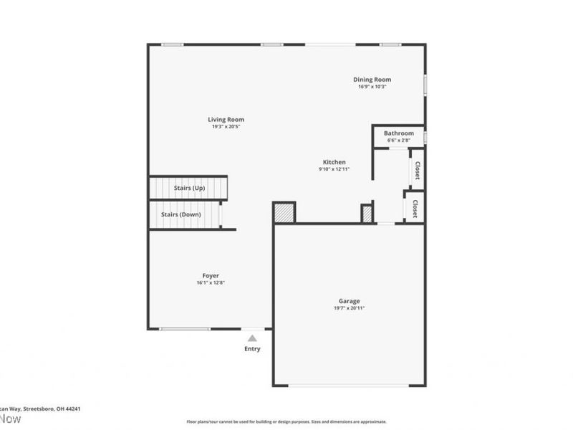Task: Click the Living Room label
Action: (226, 120)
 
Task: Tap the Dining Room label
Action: (372, 80)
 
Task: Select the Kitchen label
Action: (334, 163)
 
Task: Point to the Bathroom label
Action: (398, 133)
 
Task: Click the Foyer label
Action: (211, 275)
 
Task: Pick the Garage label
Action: (350, 301)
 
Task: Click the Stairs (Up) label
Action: (189, 188)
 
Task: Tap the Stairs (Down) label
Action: (180, 214)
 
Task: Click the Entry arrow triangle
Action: (252, 337)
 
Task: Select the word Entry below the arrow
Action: (252, 349)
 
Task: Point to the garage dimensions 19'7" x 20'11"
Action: (350, 308)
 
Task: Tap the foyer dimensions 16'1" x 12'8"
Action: (211, 282)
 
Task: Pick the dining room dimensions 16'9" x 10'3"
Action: (372, 87)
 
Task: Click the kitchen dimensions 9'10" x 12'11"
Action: (334, 170)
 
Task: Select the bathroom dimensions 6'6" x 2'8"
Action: (398, 140)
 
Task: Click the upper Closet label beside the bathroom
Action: (417, 171)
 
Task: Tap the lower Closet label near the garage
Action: (414, 206)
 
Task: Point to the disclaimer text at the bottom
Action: (286, 421)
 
